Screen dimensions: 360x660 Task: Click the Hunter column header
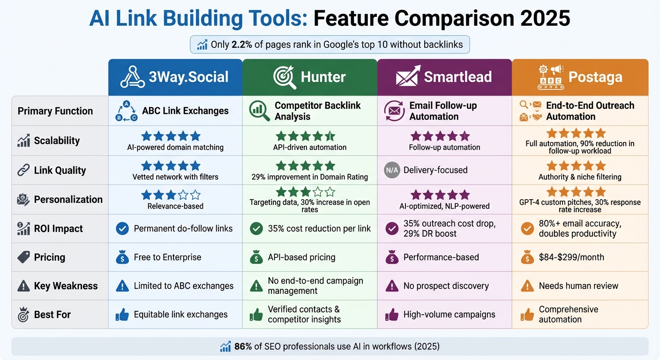click(310, 77)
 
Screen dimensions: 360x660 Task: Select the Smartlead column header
click(444, 77)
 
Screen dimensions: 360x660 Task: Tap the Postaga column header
click(580, 77)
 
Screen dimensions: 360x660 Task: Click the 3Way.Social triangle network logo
click(132, 77)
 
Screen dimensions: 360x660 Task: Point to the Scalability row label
click(57, 141)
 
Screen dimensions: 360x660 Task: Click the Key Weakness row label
click(66, 286)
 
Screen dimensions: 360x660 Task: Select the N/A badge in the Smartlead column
click(391, 170)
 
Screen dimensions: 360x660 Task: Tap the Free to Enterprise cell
click(167, 257)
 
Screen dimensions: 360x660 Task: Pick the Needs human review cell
click(578, 286)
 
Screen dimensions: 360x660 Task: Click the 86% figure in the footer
click(243, 346)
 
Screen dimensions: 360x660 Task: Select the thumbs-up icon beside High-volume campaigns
click(391, 315)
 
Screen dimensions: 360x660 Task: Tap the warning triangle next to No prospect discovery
click(391, 286)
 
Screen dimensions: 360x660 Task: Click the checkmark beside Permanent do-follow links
click(122, 229)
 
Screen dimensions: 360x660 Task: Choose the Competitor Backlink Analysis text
click(317, 111)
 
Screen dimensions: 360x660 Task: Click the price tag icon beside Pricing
click(23, 257)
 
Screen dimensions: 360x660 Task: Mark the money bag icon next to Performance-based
click(391, 257)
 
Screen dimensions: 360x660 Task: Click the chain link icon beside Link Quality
click(23, 170)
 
